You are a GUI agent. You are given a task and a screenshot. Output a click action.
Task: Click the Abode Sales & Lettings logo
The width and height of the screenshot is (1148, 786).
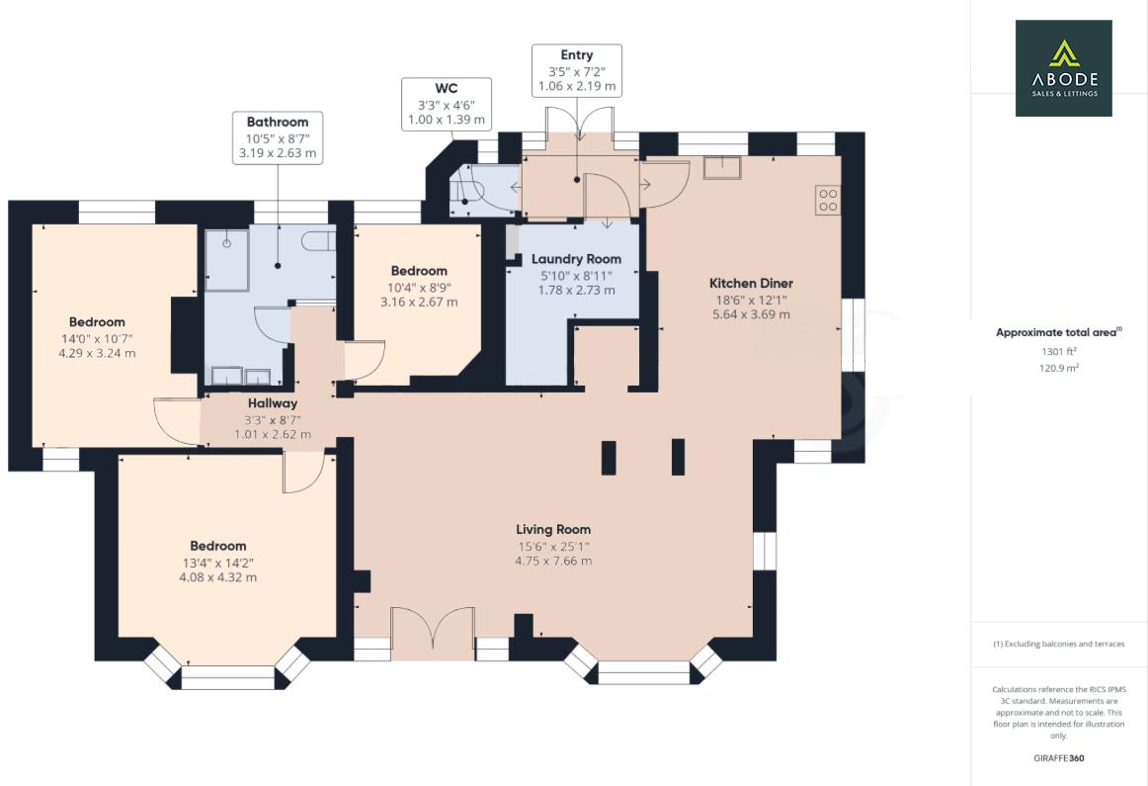(x=1063, y=68)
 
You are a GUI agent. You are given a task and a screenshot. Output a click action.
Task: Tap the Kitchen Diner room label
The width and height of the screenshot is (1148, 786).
(x=751, y=283)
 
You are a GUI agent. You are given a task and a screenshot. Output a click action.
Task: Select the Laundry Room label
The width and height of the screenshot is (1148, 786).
(x=576, y=259)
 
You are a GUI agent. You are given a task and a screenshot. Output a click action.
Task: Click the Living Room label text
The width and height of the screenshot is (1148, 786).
(x=552, y=529)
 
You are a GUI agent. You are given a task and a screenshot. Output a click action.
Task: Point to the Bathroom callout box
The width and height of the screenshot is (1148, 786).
(x=277, y=137)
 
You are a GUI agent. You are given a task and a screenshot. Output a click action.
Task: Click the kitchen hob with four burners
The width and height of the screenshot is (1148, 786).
(x=828, y=201)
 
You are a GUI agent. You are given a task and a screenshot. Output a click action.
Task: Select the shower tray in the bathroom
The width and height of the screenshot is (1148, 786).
(x=227, y=259)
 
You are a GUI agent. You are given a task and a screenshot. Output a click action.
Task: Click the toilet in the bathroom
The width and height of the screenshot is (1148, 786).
(x=318, y=242)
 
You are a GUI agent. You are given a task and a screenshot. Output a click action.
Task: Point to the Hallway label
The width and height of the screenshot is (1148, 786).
(x=272, y=403)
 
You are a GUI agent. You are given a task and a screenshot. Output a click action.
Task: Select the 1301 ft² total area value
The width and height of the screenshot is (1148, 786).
(x=1059, y=351)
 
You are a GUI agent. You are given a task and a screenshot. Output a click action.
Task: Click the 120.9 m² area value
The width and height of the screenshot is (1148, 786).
(x=1059, y=367)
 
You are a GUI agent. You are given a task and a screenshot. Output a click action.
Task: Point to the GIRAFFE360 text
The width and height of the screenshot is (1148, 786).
(x=1059, y=759)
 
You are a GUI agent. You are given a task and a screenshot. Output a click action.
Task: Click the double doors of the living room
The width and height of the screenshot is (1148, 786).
(x=432, y=634)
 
